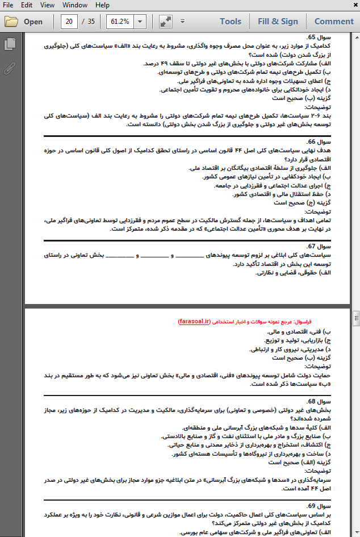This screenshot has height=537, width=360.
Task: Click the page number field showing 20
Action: [69, 22]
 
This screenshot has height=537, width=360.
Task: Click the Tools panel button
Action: [230, 22]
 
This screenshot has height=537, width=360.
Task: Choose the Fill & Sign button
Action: [278, 22]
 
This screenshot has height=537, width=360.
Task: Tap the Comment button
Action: [334, 22]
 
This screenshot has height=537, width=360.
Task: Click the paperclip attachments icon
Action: [10, 69]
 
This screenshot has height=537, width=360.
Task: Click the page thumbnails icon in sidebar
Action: [10, 44]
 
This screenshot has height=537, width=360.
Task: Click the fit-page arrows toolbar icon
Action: [165, 22]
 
